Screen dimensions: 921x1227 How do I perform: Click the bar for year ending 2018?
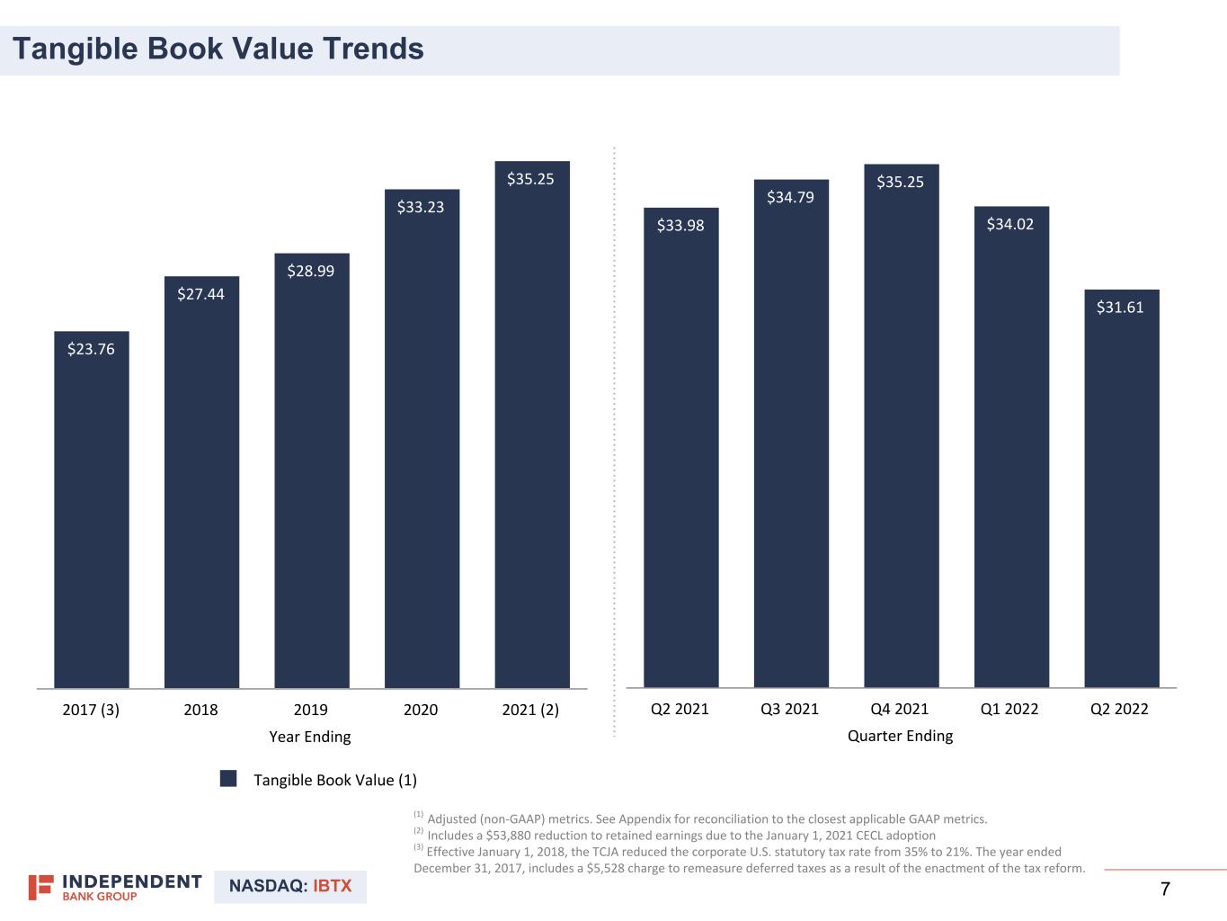[201, 486]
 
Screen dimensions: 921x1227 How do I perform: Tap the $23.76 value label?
[91, 349]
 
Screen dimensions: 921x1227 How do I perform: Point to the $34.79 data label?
[790, 197]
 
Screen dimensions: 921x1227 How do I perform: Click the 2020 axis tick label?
[421, 710]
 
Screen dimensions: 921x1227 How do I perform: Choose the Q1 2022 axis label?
[1009, 709]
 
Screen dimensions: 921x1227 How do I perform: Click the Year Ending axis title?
[310, 737]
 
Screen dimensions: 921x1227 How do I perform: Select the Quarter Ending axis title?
[900, 736]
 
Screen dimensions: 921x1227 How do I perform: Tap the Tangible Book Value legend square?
[229, 779]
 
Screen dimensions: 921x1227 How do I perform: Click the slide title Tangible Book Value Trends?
[218, 49]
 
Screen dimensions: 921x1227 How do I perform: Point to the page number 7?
[1165, 890]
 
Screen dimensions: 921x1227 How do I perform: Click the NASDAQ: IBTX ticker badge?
[290, 886]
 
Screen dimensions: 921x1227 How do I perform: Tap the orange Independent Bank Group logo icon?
[40, 887]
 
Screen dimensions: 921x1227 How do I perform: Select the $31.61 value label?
[1120, 308]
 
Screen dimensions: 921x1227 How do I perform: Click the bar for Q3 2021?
[791, 441]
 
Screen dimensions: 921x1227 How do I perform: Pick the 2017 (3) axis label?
[91, 710]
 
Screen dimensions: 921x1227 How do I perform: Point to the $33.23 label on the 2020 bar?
[421, 207]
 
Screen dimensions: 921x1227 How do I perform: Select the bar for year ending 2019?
[311, 477]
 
